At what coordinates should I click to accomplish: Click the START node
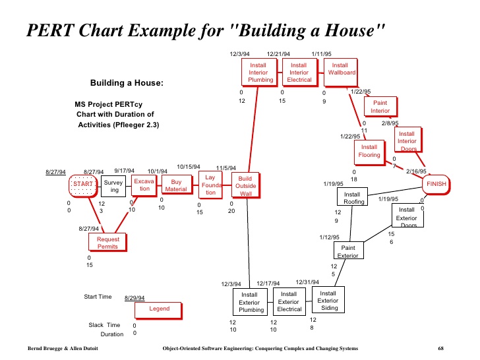click(x=83, y=183)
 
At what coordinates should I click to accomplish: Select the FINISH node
click(x=436, y=184)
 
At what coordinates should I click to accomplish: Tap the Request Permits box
click(x=107, y=242)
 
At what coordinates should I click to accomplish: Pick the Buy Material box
click(x=176, y=185)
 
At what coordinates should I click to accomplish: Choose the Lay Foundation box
click(x=210, y=185)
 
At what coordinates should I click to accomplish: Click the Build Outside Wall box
click(x=245, y=186)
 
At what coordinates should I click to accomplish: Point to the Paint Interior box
click(x=380, y=107)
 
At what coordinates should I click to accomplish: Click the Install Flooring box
click(x=369, y=151)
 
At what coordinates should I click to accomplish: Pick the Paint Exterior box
click(x=348, y=251)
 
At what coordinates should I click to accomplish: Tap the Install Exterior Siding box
click(x=328, y=300)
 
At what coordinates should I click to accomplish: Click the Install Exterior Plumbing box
click(x=251, y=302)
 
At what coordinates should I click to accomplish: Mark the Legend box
click(x=160, y=309)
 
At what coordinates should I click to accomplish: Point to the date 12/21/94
click(x=278, y=53)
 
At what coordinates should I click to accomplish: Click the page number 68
click(x=441, y=348)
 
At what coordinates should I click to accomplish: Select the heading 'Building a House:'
click(x=127, y=83)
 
